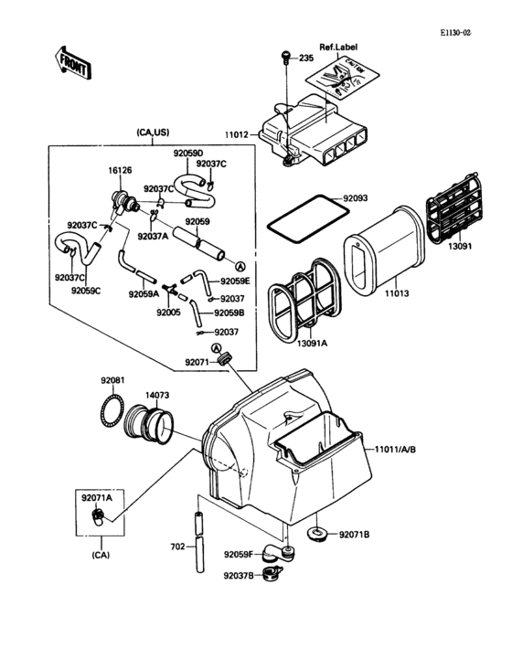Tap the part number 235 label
(x=304, y=58)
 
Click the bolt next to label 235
(x=285, y=58)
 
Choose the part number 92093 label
(x=357, y=197)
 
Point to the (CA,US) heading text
(x=154, y=133)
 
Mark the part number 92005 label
(x=168, y=312)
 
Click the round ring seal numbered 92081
(x=112, y=407)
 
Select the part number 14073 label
(x=157, y=395)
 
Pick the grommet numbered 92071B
(x=318, y=533)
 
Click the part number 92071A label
(x=96, y=498)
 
